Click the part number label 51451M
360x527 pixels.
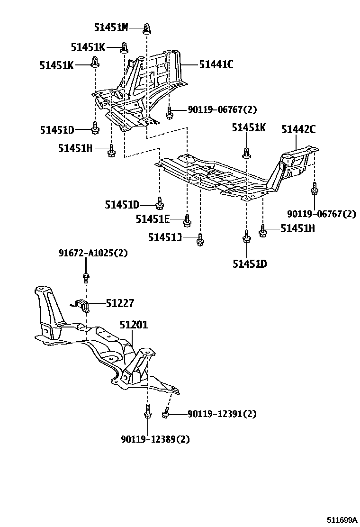pyautogui.click(x=111, y=27)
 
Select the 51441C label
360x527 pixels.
pyautogui.click(x=216, y=64)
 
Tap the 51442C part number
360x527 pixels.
pyautogui.click(x=298, y=129)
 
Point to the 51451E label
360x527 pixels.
pyautogui.click(x=153, y=219)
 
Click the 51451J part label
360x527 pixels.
pyautogui.click(x=164, y=237)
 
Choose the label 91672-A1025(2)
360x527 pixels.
pyautogui.click(x=93, y=253)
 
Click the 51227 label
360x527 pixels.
pyautogui.click(x=120, y=303)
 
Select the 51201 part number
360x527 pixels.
pyautogui.click(x=134, y=325)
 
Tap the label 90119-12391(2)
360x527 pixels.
pyautogui.click(x=222, y=414)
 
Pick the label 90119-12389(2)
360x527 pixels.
pyautogui.click(x=155, y=439)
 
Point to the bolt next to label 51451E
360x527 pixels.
pyautogui.click(x=187, y=219)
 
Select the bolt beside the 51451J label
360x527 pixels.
pyautogui.click(x=200, y=240)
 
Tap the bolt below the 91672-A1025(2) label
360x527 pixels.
pyautogui.click(x=86, y=277)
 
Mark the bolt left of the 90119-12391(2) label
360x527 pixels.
pyautogui.click(x=166, y=414)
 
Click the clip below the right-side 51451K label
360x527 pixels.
pyautogui.click(x=246, y=153)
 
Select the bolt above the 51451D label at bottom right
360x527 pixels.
pyautogui.click(x=246, y=236)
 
